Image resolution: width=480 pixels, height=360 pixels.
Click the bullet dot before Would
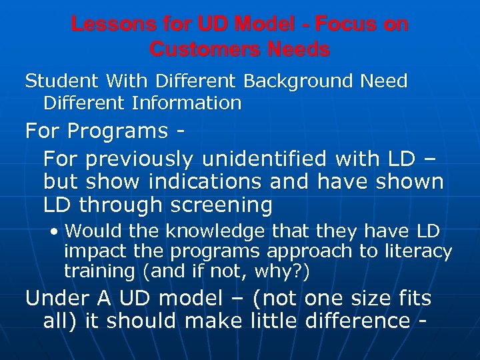(x=55, y=232)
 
